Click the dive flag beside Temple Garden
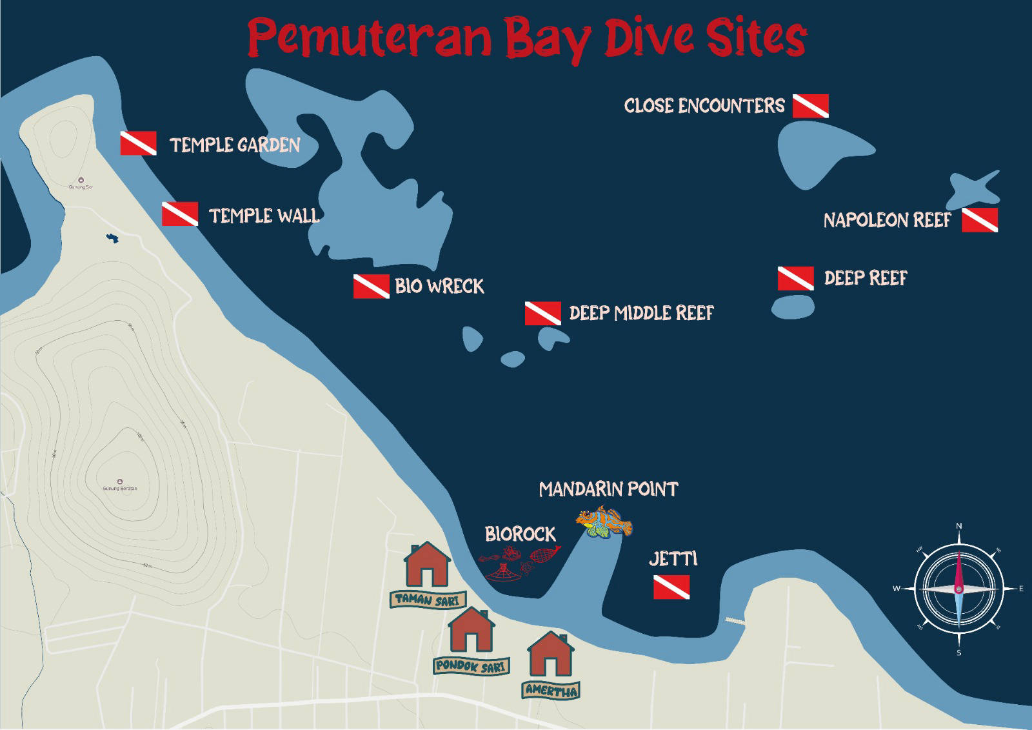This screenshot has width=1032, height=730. (x=138, y=143)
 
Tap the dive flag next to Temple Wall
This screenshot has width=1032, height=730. (x=179, y=214)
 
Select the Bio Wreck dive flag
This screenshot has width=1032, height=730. (x=371, y=286)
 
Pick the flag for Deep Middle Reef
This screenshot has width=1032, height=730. (x=542, y=313)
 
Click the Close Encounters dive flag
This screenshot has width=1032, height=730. (x=810, y=106)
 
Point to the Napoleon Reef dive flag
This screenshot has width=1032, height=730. (x=979, y=220)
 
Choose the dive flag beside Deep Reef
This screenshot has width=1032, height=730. (x=795, y=278)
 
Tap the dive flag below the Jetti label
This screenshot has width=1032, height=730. (x=671, y=587)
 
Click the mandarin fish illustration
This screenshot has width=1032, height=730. (x=604, y=522)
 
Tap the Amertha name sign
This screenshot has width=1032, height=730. (x=551, y=690)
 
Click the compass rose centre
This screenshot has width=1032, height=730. (x=958, y=589)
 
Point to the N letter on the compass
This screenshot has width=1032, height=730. (x=958, y=527)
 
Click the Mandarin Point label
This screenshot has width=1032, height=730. (x=608, y=489)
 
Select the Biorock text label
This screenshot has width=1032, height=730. (x=520, y=534)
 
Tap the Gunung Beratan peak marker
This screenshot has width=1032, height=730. (x=120, y=481)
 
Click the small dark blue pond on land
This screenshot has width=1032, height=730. (x=113, y=239)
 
